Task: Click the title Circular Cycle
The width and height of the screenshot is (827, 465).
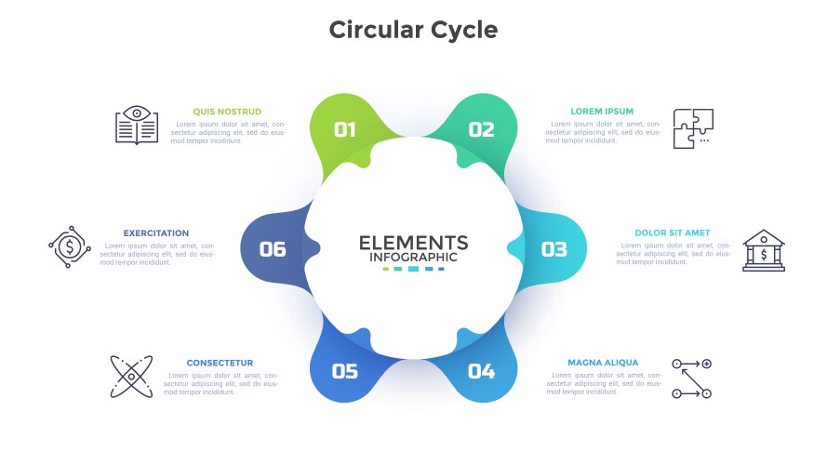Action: coord(413,30)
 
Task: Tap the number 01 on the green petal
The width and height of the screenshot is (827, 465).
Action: coord(345,130)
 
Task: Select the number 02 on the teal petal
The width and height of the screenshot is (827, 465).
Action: coord(481,130)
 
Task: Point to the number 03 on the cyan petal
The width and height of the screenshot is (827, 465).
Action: coord(554,249)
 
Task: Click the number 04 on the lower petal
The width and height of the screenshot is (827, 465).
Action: coord(481,372)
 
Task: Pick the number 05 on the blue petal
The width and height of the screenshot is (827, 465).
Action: coord(345,372)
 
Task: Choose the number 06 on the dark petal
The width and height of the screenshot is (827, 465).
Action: coord(273,249)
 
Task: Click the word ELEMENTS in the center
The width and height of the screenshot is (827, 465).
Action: coord(413,243)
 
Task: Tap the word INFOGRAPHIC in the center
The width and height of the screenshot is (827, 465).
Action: coord(413,258)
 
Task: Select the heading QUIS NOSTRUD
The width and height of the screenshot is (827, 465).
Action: coord(227,112)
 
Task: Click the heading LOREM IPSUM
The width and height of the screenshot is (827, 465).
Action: coord(602,112)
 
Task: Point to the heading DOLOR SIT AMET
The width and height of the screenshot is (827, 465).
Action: coord(673,233)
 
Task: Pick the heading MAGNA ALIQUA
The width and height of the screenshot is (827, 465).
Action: coord(603,363)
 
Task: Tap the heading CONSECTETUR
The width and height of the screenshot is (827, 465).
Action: coord(220,363)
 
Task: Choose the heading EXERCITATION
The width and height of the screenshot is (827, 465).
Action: coord(156,233)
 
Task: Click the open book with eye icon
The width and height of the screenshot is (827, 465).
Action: coord(137,126)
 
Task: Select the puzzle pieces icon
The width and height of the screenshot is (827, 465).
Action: coord(693,128)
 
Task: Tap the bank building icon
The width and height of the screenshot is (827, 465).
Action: coord(764,250)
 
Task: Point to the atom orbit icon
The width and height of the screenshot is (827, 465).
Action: coord(131,377)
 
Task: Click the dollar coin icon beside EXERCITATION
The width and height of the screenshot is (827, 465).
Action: coord(69,247)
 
